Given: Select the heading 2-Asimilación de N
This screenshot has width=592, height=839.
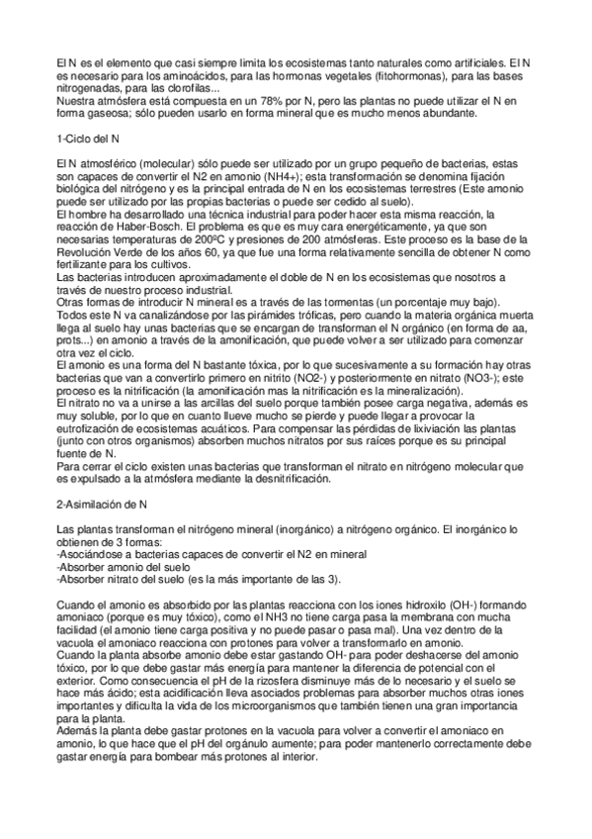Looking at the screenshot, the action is [x=101, y=504].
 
